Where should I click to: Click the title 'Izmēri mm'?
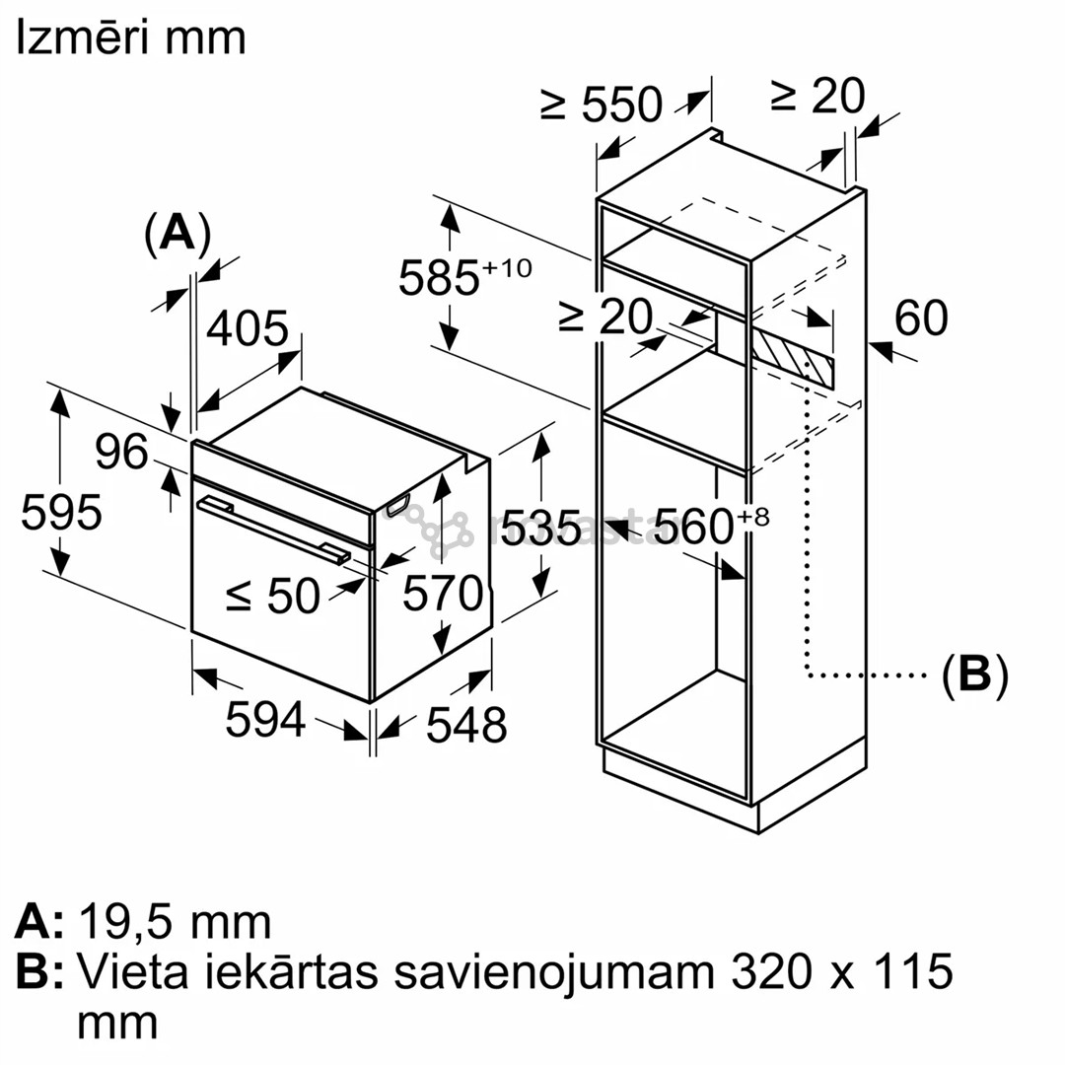pos(130,38)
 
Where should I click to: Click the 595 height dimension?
pos(62,513)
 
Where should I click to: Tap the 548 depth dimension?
pos(466,725)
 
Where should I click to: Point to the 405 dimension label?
pos(247,329)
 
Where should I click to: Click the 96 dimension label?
pos(122,452)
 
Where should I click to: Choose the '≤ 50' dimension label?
pos(273,595)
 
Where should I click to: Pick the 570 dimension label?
pos(443,594)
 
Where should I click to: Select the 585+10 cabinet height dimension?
pos(464,277)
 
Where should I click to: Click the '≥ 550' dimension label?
pos(602,104)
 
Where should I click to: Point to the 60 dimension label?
pos(921,318)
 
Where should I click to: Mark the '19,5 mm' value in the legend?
pos(175,922)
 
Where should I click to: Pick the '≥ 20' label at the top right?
pos(817,96)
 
